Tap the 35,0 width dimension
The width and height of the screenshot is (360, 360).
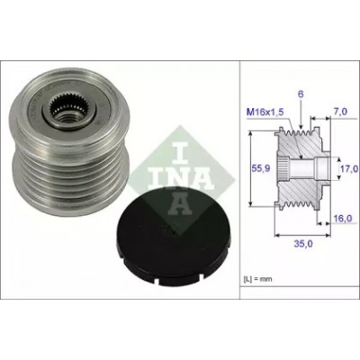(x=303, y=244)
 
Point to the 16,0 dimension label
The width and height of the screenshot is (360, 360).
(x=343, y=219)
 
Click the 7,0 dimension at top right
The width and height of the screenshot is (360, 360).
(x=340, y=112)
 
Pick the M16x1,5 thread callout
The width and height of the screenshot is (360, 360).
(x=265, y=112)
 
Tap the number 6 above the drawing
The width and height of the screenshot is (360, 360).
(x=301, y=94)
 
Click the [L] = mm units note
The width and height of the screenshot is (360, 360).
(x=257, y=279)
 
